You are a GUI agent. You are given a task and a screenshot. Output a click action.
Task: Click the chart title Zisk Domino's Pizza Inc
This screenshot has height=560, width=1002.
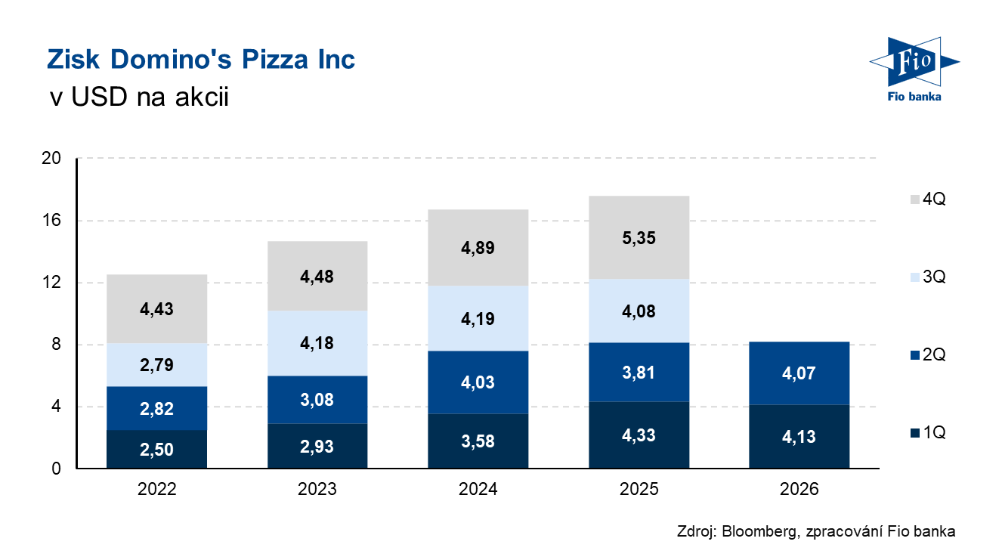[201, 60]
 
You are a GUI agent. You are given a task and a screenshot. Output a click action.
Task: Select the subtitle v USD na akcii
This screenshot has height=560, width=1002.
[139, 97]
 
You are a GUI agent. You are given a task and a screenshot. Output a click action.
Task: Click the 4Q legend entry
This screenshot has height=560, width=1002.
[928, 199]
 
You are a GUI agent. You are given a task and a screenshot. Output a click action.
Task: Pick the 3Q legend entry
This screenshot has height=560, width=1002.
[928, 277]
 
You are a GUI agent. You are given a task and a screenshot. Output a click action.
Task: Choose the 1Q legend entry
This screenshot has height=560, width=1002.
[928, 432]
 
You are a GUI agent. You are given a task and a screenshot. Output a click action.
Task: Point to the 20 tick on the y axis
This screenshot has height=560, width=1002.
[51, 158]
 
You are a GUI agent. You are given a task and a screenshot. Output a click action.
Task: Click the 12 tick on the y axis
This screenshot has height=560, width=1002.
[51, 282]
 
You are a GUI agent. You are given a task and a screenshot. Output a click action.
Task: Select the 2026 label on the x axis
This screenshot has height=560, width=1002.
[799, 489]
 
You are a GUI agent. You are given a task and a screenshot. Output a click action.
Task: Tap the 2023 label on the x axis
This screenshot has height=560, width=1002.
[317, 489]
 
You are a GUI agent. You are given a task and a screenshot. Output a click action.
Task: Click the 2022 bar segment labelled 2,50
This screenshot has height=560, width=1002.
[156, 449]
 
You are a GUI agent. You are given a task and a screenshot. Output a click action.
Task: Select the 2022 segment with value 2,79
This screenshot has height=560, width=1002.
[156, 365]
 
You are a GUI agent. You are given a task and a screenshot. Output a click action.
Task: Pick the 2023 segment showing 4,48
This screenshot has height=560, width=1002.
[317, 276]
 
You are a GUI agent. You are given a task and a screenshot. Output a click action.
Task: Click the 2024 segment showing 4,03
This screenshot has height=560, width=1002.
[478, 382]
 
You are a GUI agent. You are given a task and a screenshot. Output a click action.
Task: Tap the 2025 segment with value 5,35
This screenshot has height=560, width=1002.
[639, 237]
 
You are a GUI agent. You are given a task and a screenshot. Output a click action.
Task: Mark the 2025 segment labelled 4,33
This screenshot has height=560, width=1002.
[639, 435]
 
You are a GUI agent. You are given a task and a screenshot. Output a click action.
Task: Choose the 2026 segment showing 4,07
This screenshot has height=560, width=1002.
[799, 373]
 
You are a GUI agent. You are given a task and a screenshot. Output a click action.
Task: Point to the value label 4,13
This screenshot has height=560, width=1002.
[799, 437]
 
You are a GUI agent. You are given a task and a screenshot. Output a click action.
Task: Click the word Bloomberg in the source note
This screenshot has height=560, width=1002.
[759, 531]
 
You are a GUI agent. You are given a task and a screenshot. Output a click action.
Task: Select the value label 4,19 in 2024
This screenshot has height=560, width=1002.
[478, 319]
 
